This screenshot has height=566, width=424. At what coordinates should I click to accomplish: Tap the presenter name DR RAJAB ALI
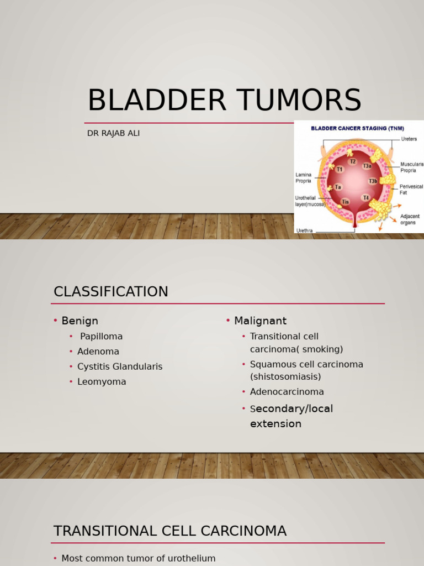pyautogui.click(x=113, y=133)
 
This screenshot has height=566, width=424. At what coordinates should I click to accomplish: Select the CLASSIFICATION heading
pyautogui.click(x=110, y=291)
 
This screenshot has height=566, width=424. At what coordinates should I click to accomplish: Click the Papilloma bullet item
pyautogui.click(x=102, y=337)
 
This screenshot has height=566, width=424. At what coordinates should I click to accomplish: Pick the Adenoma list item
pyautogui.click(x=98, y=351)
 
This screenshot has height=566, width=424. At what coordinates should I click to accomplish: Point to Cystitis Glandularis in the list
pyautogui.click(x=120, y=367)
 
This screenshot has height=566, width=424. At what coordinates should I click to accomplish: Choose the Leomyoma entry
pyautogui.click(x=102, y=382)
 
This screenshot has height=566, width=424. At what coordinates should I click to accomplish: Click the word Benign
pyautogui.click(x=79, y=321)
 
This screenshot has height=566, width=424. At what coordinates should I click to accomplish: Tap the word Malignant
pyautogui.click(x=261, y=321)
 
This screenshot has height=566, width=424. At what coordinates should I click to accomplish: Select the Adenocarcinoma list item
pyautogui.click(x=287, y=392)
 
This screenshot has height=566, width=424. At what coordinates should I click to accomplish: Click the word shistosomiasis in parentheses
pyautogui.click(x=285, y=377)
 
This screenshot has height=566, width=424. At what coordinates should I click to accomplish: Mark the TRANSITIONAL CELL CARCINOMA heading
pyautogui.click(x=170, y=531)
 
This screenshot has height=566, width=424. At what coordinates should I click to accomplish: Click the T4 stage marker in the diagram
pyautogui.click(x=366, y=198)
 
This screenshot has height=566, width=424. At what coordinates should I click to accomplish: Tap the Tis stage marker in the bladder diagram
pyautogui.click(x=346, y=202)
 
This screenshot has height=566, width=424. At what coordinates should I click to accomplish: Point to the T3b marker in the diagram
pyautogui.click(x=373, y=181)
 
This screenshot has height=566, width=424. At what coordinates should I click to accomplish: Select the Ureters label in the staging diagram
pyautogui.click(x=409, y=139)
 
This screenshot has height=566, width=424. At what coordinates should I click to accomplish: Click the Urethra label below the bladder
pyautogui.click(x=304, y=230)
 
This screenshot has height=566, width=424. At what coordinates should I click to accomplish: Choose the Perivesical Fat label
pyautogui.click(x=411, y=190)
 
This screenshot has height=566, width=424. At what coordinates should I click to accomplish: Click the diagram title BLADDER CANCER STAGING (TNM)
pyautogui.click(x=357, y=128)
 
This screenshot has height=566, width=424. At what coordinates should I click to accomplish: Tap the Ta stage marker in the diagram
pyautogui.click(x=338, y=187)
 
